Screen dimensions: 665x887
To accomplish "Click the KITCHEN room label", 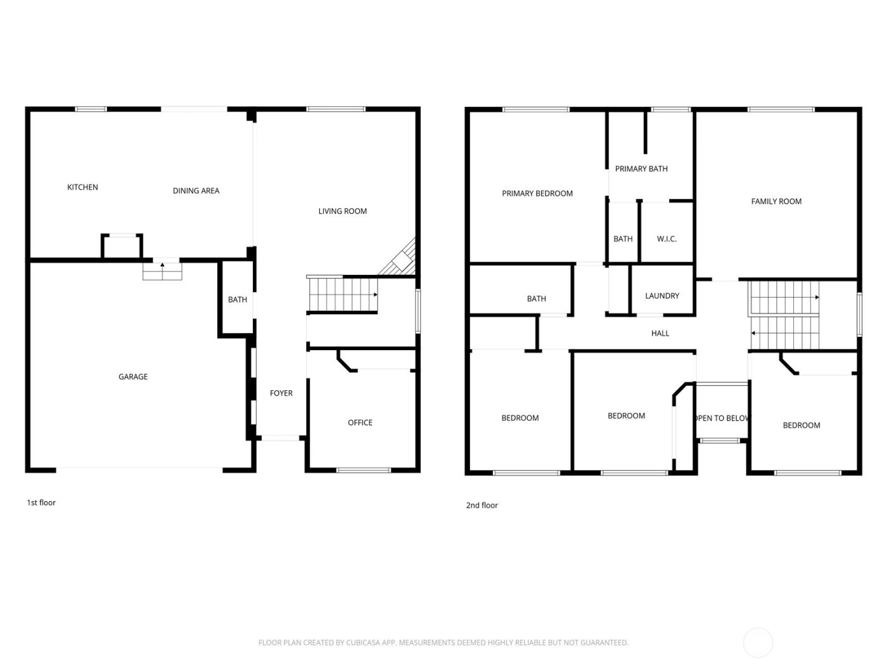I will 82,187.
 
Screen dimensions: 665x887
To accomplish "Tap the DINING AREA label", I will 196,191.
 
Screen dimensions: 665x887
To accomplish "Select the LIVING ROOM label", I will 342,212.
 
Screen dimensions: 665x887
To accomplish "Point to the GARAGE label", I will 133,377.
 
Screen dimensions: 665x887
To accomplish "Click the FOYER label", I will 281,393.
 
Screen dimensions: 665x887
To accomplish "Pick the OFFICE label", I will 360,423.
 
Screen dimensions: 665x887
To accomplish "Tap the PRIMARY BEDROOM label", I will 537,194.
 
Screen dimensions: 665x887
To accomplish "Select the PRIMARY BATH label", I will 641,169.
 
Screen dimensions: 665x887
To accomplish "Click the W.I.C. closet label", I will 667,239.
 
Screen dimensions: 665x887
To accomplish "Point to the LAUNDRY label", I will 662,296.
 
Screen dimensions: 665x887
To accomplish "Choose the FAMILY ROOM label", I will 776,202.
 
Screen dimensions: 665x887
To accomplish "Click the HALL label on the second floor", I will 660,334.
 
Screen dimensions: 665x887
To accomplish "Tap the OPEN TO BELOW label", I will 722,419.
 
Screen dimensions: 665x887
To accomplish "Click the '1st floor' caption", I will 41,503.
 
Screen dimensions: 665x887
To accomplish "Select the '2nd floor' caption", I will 482,505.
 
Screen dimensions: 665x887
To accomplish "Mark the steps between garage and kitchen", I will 162,272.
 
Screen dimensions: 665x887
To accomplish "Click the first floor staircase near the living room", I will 342,295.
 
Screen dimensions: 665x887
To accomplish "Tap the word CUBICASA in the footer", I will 364,643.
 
